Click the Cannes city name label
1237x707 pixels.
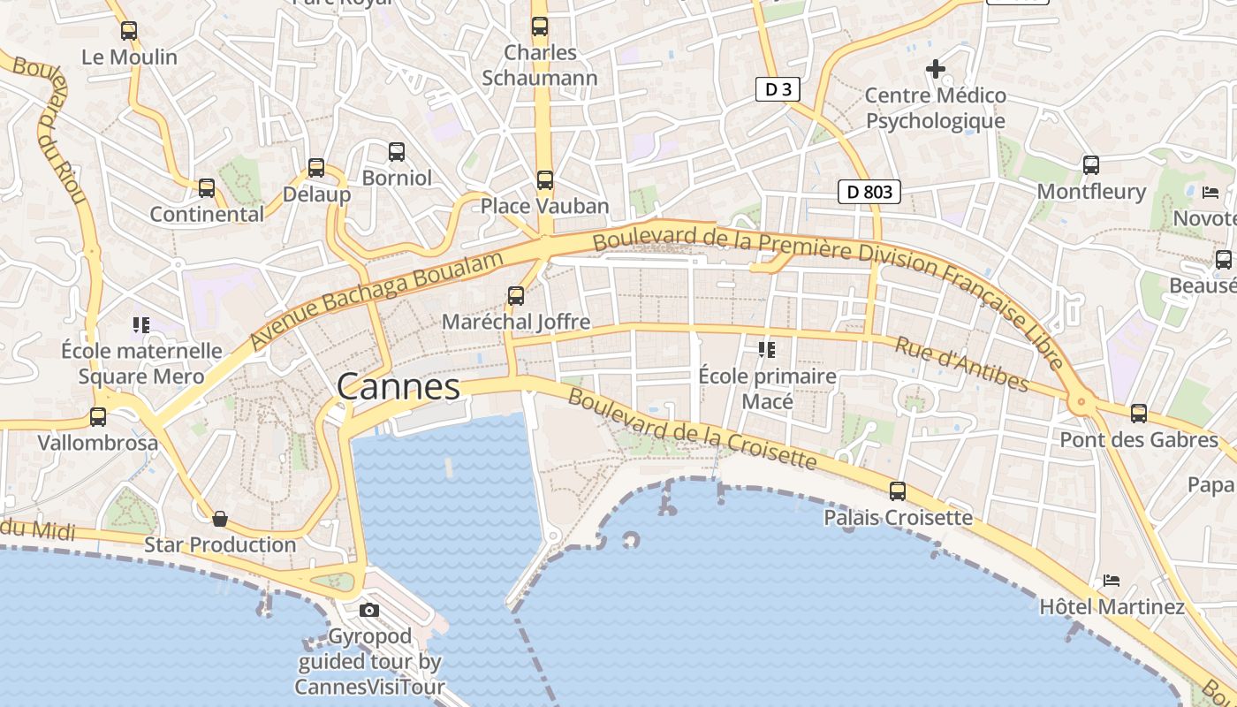(x=398, y=387)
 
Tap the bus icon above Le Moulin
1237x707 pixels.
(x=129, y=31)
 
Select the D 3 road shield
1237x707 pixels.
(x=773, y=89)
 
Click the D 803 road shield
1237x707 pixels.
(x=869, y=192)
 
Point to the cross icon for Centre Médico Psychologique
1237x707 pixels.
(x=935, y=68)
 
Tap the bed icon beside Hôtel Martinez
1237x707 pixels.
(x=1112, y=581)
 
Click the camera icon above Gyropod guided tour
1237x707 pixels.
(x=369, y=610)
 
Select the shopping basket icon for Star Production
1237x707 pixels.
(x=220, y=519)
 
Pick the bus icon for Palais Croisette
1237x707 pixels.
(x=898, y=491)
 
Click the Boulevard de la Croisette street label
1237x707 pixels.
(x=692, y=430)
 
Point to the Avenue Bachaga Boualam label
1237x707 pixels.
(x=377, y=299)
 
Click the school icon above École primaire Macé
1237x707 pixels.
(x=766, y=350)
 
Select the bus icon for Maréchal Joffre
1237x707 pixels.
(x=516, y=296)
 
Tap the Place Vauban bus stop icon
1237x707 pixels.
(x=545, y=180)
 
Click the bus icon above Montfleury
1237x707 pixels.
(x=1091, y=165)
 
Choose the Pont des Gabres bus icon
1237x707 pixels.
(x=1139, y=413)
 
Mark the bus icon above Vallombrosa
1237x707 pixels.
(x=98, y=416)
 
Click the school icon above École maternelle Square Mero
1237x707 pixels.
(x=140, y=325)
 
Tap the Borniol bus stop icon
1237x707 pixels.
(x=397, y=152)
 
